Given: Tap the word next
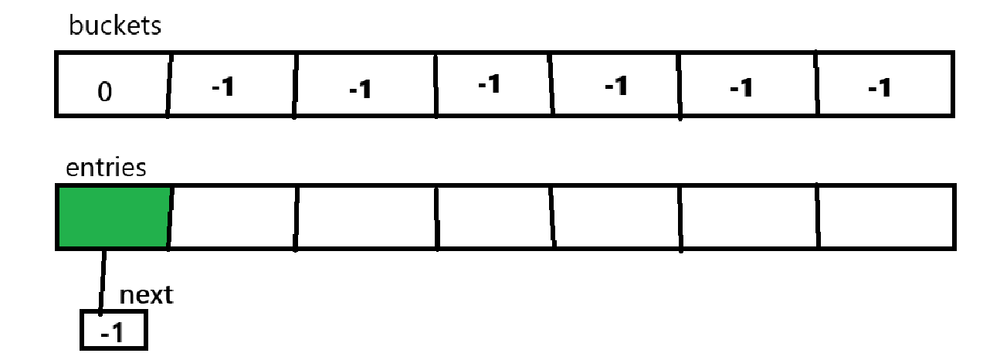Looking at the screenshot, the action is click(x=146, y=294).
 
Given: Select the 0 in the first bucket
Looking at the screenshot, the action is click(x=105, y=91).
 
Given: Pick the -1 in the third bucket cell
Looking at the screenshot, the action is click(x=360, y=89).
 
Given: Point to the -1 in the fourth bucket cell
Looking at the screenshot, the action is click(x=488, y=83).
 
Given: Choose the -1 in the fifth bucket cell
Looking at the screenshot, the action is click(x=615, y=86).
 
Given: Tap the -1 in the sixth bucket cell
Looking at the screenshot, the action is click(x=741, y=89).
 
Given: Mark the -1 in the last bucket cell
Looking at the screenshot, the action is click(x=879, y=87).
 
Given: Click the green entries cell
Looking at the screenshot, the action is click(x=113, y=216).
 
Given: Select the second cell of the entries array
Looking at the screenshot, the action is click(x=232, y=217).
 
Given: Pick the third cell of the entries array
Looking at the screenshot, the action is click(x=366, y=217).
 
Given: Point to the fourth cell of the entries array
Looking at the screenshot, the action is click(x=494, y=217).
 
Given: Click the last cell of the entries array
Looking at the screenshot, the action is click(x=886, y=217).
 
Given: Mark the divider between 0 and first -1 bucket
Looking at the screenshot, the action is click(x=168, y=84).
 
